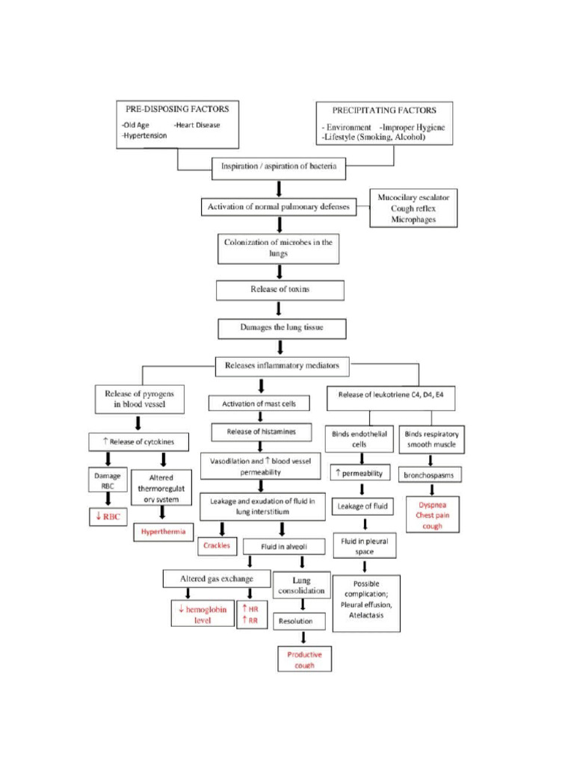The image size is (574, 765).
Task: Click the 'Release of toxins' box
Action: (x=280, y=289)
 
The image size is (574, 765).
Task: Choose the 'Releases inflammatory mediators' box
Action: (x=282, y=366)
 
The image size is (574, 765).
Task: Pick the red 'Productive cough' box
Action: (x=304, y=659)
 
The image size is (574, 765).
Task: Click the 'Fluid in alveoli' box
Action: (x=282, y=547)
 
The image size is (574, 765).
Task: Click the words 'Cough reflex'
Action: (x=414, y=208)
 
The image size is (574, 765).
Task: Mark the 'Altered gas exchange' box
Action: (x=216, y=578)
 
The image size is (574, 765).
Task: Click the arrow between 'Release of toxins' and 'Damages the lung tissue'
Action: (x=280, y=309)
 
